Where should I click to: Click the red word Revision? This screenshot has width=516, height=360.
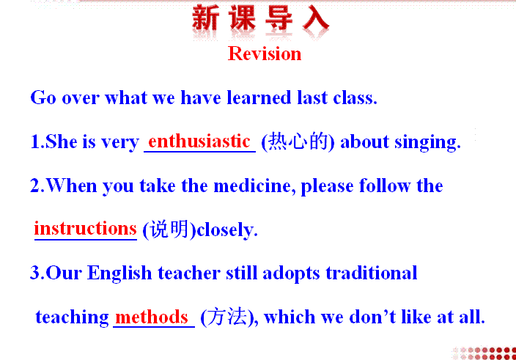click(265, 54)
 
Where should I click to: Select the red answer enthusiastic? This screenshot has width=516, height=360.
click(199, 142)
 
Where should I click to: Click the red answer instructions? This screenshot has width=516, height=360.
click(85, 228)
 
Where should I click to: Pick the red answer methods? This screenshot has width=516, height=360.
click(152, 317)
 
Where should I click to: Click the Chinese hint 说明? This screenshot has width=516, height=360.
click(169, 229)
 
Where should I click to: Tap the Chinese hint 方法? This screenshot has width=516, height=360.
click(227, 317)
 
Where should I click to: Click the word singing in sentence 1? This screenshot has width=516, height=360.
click(427, 143)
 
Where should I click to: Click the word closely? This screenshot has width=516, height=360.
click(226, 230)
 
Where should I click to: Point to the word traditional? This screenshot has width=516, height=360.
click(372, 273)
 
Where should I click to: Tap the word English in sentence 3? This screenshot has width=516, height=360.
click(119, 273)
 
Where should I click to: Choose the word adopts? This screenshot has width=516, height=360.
click(291, 273)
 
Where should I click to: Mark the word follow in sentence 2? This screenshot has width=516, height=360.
click(384, 186)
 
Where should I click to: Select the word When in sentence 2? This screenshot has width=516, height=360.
click(72, 185)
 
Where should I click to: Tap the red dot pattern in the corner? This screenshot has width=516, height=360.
click(484, 353)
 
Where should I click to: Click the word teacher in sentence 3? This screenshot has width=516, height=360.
click(189, 273)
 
